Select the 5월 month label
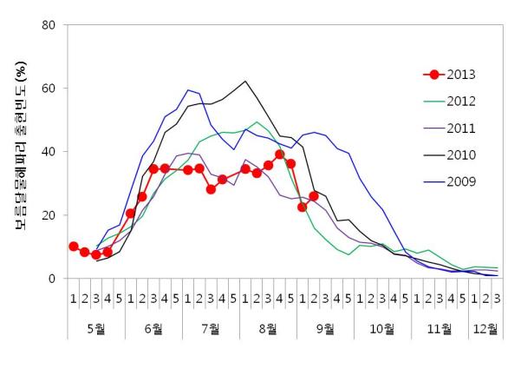coord(96,329)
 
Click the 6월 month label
coord(153,329)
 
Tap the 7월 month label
coord(211,329)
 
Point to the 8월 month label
coord(268,329)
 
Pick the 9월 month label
coord(325,329)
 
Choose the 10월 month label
coord(382,329)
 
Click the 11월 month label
coord(440,329)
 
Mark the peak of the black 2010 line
coord(245,82)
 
